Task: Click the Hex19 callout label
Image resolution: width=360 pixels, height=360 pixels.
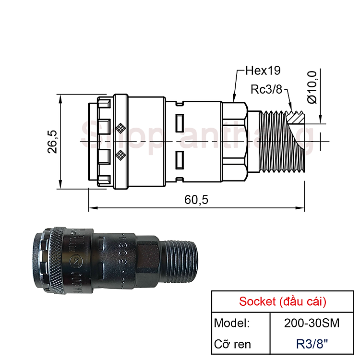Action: tap(262, 71)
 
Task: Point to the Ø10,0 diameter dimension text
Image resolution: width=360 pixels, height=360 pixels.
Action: tap(312, 87)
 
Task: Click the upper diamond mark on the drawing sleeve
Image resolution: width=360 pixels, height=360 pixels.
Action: tap(120, 128)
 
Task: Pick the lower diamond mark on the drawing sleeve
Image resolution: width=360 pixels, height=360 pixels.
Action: tap(120, 155)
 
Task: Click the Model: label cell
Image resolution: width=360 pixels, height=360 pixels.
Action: tap(232, 323)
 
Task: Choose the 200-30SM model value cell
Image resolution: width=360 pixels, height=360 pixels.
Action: tap(312, 323)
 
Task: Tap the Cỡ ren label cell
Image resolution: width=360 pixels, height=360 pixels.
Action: tap(233, 344)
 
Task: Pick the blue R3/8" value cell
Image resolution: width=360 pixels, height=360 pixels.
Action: tap(312, 344)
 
